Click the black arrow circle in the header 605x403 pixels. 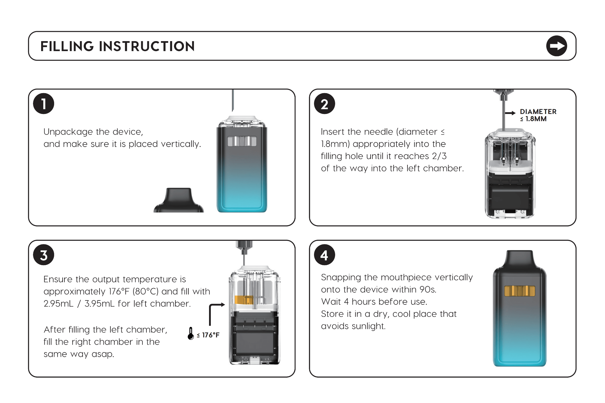[x=557, y=46]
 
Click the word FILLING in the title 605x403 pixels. [x=67, y=46]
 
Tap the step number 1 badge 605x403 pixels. [x=44, y=104]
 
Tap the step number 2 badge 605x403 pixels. [x=324, y=104]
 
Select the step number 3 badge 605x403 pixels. [x=44, y=255]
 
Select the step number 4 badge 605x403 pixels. [x=324, y=255]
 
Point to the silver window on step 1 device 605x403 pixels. [x=242, y=141]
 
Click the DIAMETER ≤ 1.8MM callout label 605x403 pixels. [x=538, y=115]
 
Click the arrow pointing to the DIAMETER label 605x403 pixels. [x=510, y=113]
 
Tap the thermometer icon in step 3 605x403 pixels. [x=191, y=333]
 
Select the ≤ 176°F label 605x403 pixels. [x=208, y=335]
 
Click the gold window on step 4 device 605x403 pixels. [x=520, y=291]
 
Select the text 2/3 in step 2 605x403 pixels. [x=439, y=156]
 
